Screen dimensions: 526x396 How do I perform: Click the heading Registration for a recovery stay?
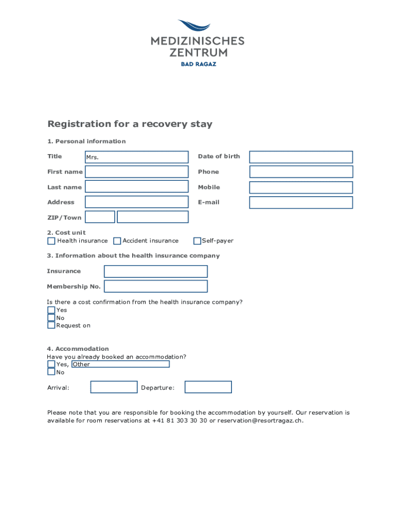pos(130,124)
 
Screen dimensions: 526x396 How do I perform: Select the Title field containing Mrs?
pos(137,157)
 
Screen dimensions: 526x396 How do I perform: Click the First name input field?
pos(137,172)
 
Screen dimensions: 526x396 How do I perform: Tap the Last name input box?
pos(137,186)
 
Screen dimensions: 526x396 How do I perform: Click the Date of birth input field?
pos(301,157)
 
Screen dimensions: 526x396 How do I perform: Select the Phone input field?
pos(301,172)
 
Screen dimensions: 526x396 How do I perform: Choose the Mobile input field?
pos(301,187)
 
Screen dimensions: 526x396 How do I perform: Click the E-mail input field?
pos(301,202)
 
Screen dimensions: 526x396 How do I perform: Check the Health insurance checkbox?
pos(51,241)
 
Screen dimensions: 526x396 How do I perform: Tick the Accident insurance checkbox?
pos(117,241)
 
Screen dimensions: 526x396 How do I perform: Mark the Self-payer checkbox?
pos(197,241)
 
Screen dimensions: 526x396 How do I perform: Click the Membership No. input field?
pos(156,286)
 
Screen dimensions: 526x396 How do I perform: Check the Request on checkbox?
pos(51,325)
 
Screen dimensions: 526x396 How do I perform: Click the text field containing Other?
pos(120,364)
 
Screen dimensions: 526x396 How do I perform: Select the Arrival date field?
pos(114,387)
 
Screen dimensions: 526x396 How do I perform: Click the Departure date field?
pos(208,387)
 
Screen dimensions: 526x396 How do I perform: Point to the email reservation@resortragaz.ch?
pos(260,421)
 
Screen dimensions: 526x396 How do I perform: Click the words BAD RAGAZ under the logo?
pos(198,64)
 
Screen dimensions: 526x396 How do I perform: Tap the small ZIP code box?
pos(100,217)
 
